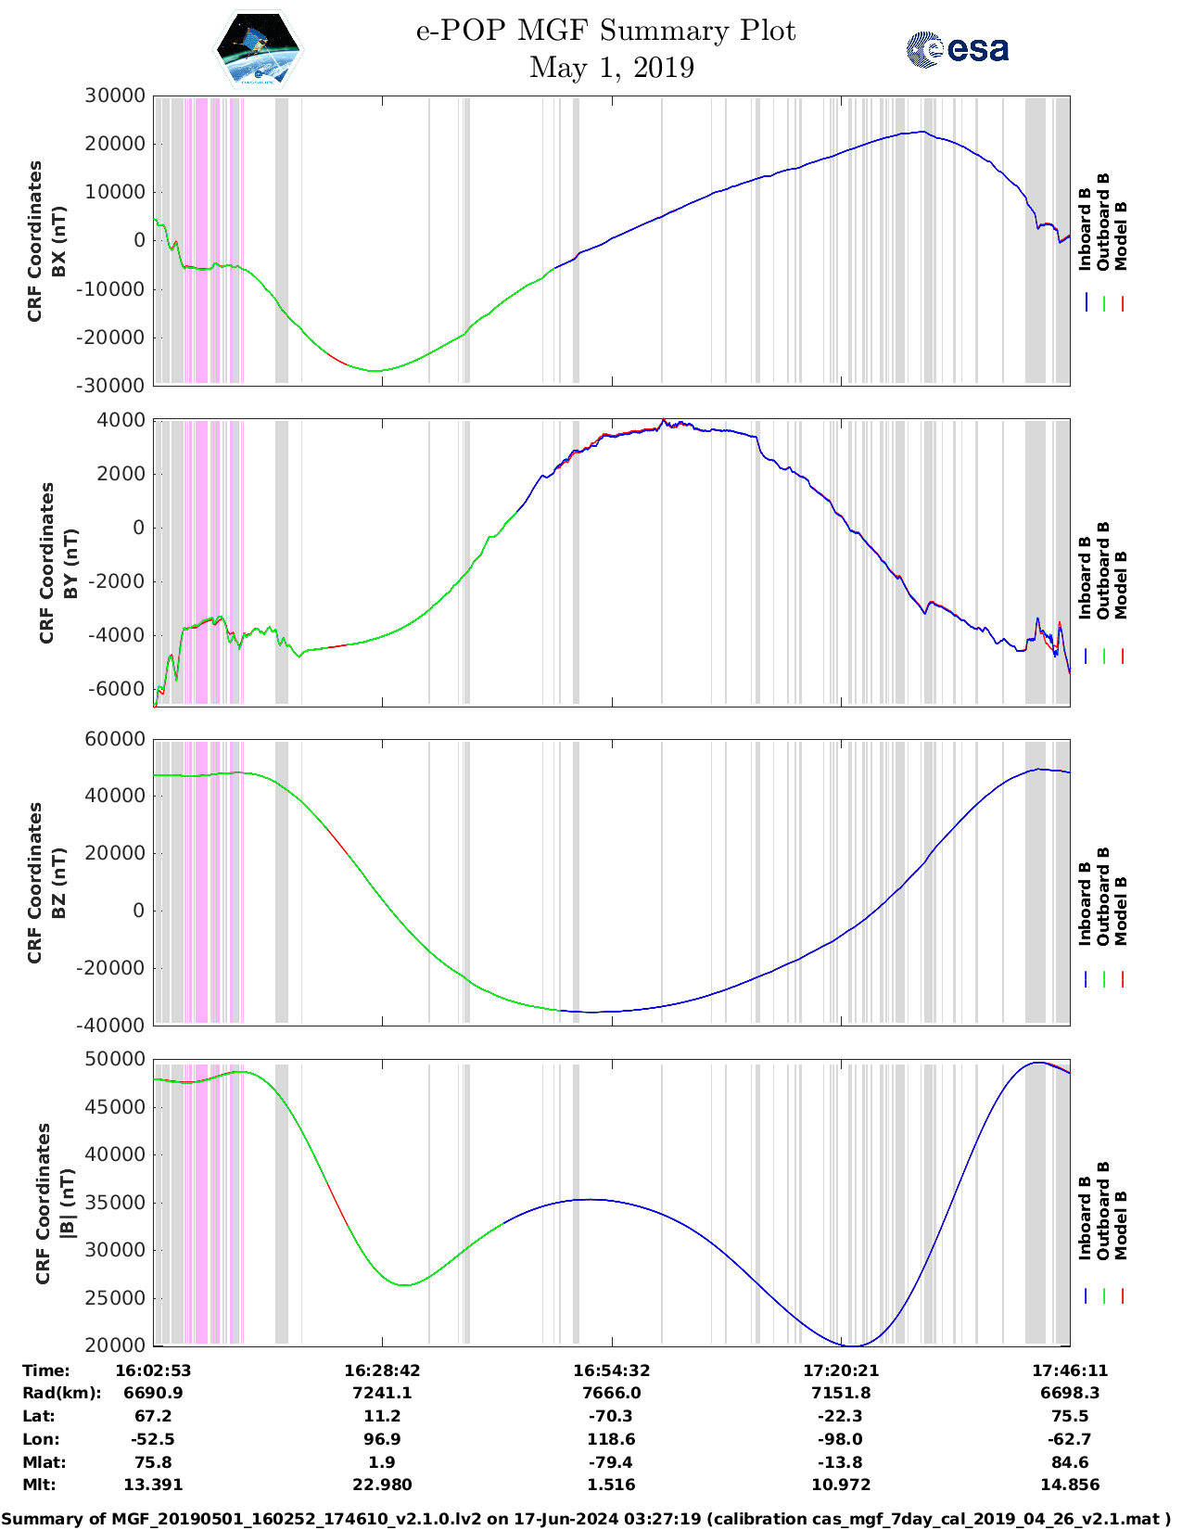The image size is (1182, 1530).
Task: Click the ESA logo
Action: (x=957, y=49)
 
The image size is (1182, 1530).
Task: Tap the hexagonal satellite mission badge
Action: (x=258, y=49)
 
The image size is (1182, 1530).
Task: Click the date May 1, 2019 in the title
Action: (x=611, y=68)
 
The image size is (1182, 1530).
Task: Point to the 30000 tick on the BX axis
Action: (x=115, y=96)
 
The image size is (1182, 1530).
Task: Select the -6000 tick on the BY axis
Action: (x=117, y=689)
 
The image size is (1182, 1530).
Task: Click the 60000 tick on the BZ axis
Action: (x=115, y=739)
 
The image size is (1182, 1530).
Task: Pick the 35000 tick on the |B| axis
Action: (x=115, y=1203)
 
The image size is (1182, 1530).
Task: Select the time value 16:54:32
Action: (x=611, y=1371)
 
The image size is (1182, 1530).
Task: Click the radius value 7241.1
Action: (x=382, y=1393)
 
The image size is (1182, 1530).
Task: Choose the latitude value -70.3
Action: (x=611, y=1416)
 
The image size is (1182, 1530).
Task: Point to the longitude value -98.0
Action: (x=841, y=1439)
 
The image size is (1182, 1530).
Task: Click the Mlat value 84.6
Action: (x=1070, y=1462)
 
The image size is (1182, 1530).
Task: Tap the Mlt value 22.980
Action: (x=382, y=1485)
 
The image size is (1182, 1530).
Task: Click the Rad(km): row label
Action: (x=61, y=1393)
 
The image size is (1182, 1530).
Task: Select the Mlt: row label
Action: (x=39, y=1485)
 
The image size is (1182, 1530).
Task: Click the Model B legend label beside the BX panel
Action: (x=1121, y=236)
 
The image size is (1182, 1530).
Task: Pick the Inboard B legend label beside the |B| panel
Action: (x=1085, y=1218)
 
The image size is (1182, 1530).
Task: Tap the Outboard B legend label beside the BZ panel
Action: (x=1103, y=896)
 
